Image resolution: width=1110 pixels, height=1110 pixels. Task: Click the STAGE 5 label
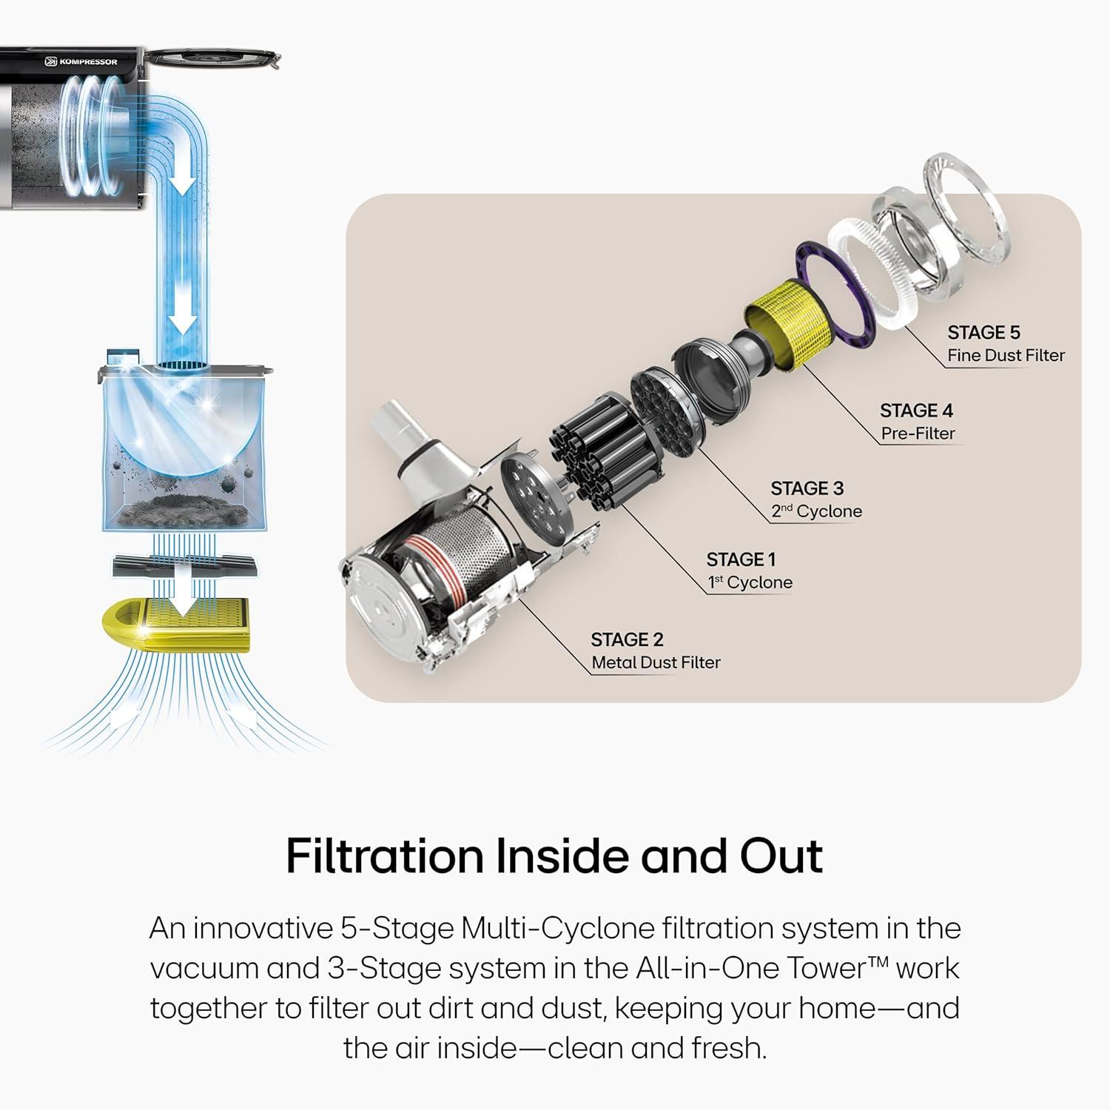[983, 332]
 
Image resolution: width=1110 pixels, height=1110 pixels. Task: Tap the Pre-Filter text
[918, 433]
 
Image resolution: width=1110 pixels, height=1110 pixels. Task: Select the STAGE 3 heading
[807, 488]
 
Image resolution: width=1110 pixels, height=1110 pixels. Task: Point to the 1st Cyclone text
[750, 582]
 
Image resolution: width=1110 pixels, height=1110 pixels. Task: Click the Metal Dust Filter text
[656, 662]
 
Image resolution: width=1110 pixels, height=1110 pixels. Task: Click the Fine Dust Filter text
[1006, 355]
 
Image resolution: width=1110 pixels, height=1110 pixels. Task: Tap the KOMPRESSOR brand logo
[81, 61]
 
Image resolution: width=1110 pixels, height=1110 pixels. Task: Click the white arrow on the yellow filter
[178, 596]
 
